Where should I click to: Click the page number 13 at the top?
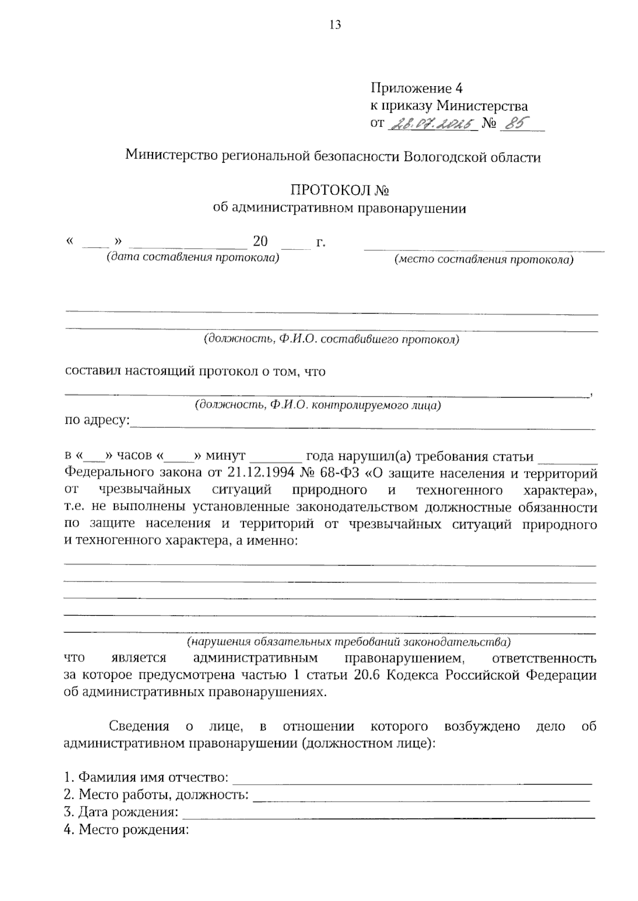[x=335, y=25]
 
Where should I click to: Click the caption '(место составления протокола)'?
[x=483, y=260]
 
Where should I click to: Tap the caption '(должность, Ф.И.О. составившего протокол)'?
[x=331, y=339]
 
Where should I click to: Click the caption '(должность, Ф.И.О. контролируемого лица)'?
[x=318, y=406]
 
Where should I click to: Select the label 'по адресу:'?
[x=97, y=420]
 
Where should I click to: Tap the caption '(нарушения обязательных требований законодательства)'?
[x=348, y=642]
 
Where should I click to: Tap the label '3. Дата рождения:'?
[x=121, y=812]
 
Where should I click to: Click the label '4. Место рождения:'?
[x=126, y=830]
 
